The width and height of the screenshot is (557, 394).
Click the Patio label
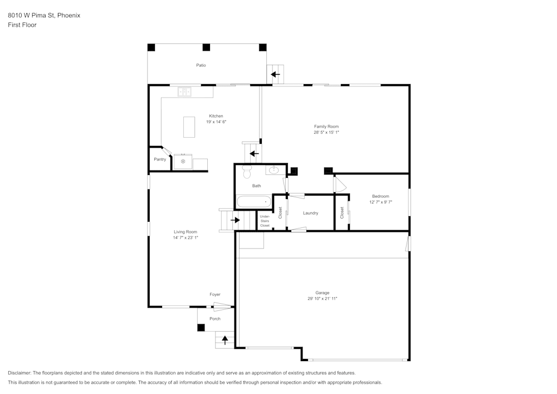click(201, 65)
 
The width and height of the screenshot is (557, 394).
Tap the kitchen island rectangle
click(189, 127)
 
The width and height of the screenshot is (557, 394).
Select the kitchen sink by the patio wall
click(184, 92)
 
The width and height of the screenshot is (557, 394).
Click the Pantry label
click(160, 159)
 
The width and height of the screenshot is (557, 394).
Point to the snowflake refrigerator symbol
click(183, 162)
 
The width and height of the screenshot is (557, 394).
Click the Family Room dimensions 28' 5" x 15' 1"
click(326, 133)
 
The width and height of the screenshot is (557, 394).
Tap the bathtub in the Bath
click(253, 201)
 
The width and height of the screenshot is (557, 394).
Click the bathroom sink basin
click(275, 170)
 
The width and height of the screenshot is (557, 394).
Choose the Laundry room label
click(310, 213)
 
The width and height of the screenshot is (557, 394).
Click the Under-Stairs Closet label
click(265, 221)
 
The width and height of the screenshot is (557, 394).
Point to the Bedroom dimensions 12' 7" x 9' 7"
click(380, 202)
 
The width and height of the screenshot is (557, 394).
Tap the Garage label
click(322, 293)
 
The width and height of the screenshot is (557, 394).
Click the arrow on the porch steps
click(225, 340)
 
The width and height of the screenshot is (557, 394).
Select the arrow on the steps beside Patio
click(275, 74)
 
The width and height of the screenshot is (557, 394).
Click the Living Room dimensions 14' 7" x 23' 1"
click(185, 238)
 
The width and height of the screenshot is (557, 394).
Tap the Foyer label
click(214, 294)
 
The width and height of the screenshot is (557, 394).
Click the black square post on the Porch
click(201, 328)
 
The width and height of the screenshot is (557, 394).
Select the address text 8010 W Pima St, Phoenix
click(44, 16)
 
